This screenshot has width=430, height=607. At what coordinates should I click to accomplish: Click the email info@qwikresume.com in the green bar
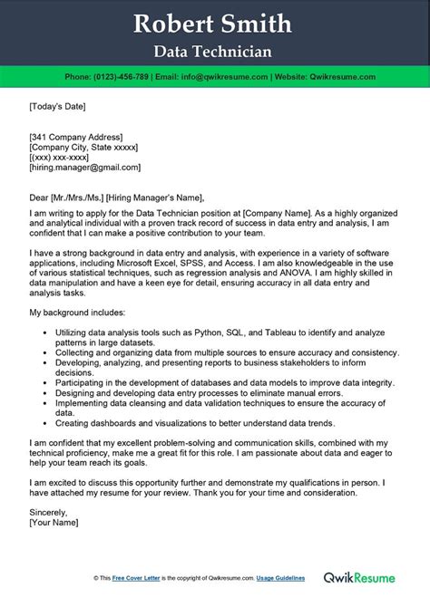233,77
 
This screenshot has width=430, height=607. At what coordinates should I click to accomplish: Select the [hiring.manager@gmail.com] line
85,168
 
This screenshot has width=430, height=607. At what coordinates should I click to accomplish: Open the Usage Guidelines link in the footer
296,578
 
